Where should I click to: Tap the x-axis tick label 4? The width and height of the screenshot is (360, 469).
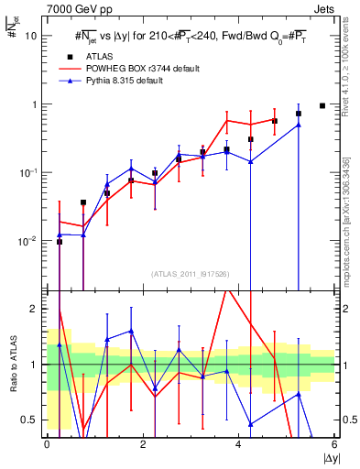coord(238,444)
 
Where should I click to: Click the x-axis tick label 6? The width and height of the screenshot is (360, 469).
coord(334,444)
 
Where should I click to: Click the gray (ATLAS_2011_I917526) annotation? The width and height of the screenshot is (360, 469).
coord(191,273)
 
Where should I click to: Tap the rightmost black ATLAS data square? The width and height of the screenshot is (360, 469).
coord(322,105)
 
